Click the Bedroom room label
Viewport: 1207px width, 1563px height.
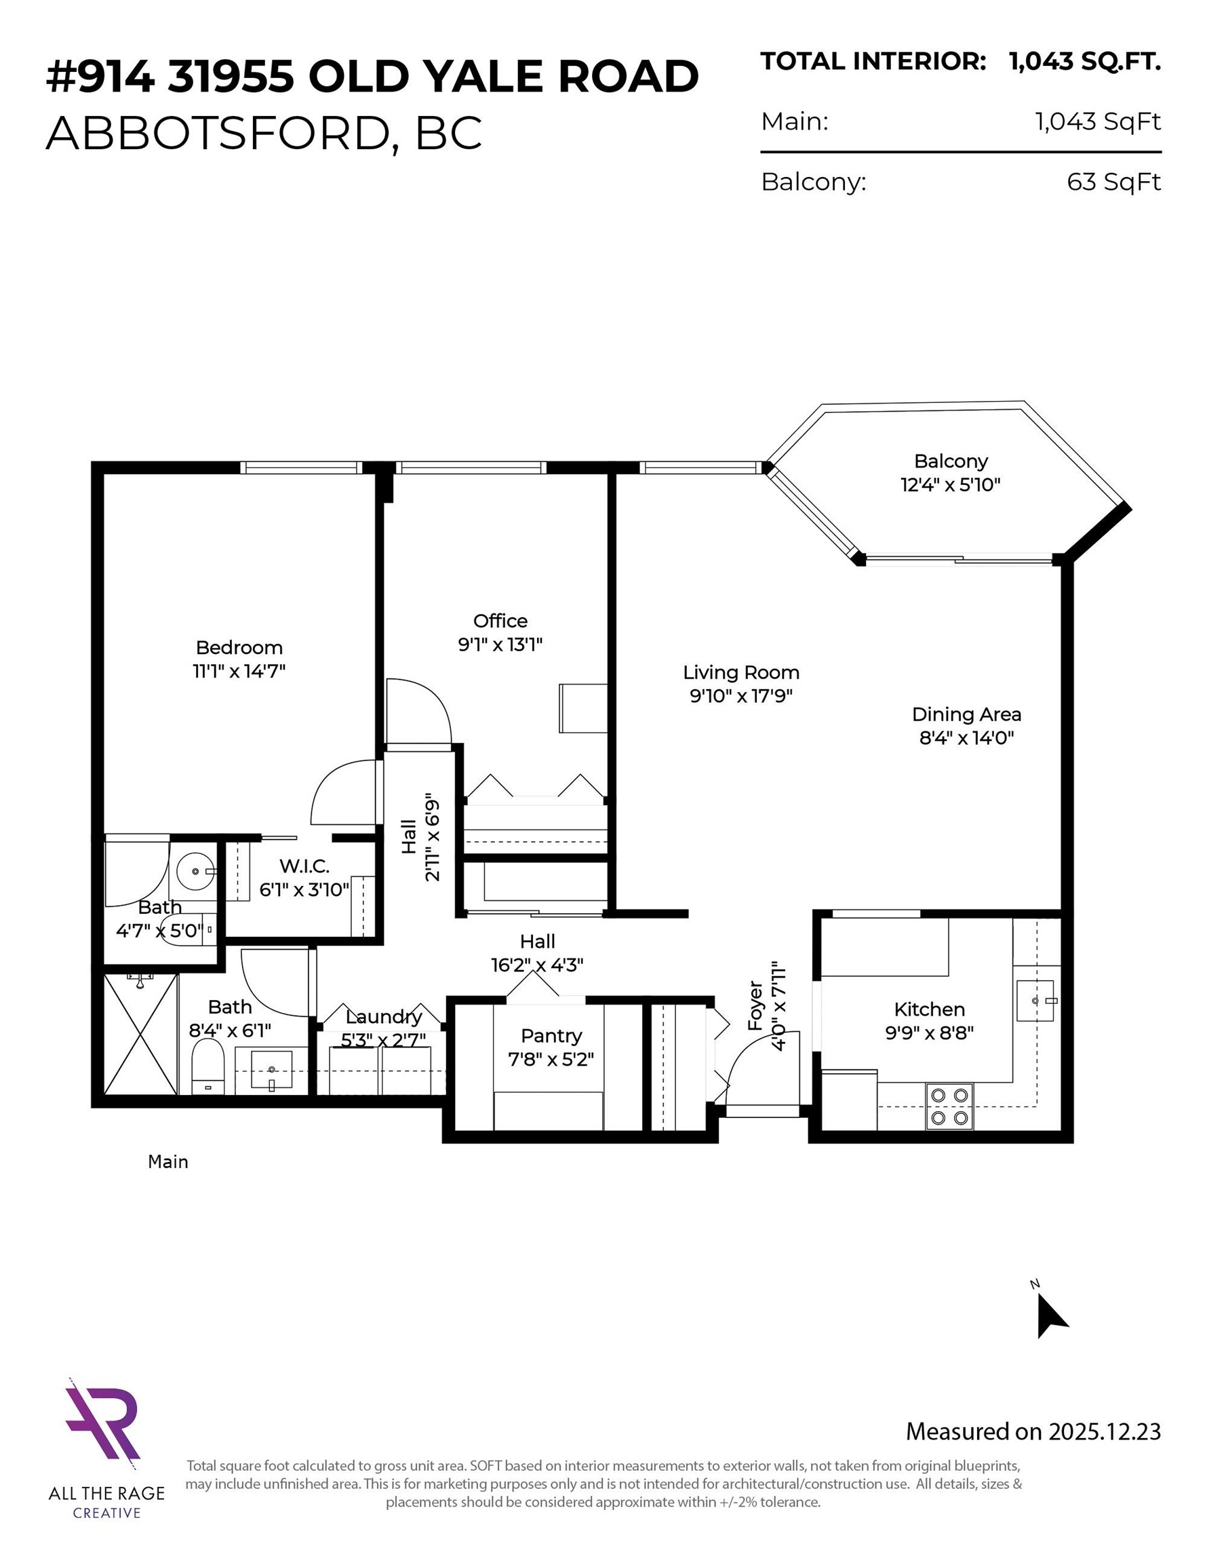(239, 648)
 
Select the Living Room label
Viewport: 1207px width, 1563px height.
(740, 673)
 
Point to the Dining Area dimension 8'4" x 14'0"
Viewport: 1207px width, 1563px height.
(966, 738)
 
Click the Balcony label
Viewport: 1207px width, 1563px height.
(950, 461)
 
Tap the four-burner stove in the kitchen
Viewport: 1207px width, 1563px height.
(949, 1107)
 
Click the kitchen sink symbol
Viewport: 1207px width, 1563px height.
(1035, 1001)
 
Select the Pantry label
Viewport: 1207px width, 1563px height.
(551, 1036)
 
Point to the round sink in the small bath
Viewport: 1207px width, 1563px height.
(195, 872)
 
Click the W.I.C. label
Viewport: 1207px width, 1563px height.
(304, 867)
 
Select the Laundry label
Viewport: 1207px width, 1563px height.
(384, 1017)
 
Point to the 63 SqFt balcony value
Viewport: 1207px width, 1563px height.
(1113, 182)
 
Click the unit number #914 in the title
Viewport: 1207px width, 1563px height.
(100, 77)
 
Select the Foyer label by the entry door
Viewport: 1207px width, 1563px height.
(755, 1005)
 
